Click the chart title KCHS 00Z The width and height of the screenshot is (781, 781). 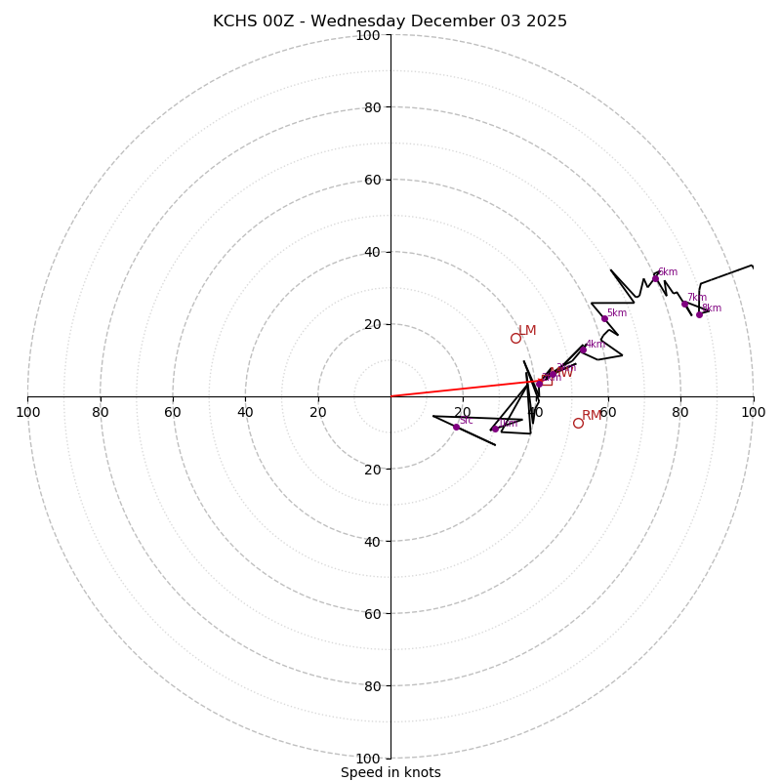390,21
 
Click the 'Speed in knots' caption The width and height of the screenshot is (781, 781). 390,772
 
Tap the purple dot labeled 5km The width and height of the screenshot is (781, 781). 604,318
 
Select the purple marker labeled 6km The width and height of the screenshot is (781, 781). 655,278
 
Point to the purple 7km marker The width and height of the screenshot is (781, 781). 684,304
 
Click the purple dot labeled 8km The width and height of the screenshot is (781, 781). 699,314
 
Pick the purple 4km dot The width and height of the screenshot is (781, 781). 583,349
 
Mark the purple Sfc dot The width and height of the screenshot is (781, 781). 456,427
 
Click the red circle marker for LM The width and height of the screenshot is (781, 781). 515,338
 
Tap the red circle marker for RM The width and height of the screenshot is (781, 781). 578,423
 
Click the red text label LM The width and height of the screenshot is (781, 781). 527,331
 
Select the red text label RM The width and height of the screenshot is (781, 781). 592,416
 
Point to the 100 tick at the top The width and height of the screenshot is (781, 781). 368,35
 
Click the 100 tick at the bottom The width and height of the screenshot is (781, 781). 368,759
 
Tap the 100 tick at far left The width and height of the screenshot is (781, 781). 28,412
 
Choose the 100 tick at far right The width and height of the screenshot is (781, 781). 753,412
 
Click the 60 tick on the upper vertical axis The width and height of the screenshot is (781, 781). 372,180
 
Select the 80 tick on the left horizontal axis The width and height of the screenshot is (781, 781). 101,412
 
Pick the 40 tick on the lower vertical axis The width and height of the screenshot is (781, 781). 372,541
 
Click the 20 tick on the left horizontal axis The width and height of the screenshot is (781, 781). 318,412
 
